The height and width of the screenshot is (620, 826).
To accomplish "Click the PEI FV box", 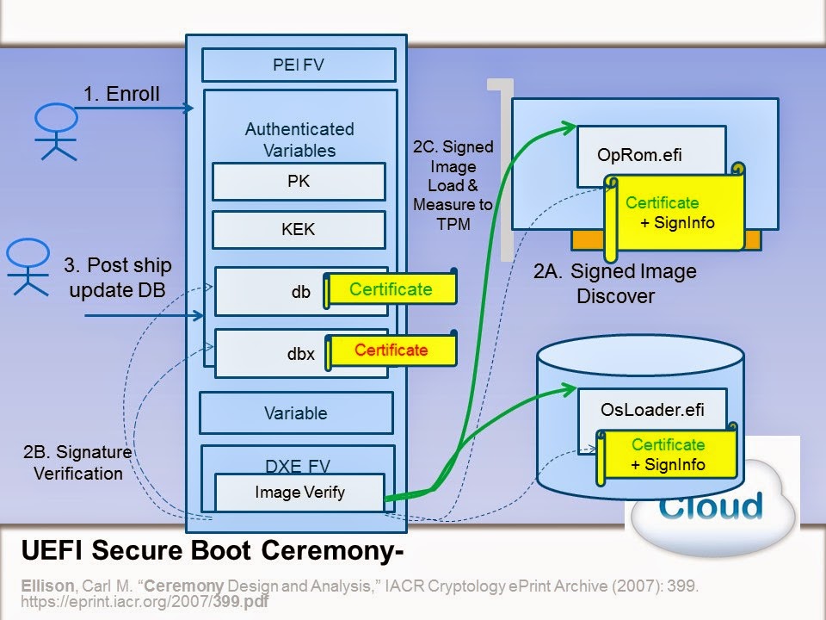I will (299, 65).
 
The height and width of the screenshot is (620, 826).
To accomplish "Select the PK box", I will (299, 182).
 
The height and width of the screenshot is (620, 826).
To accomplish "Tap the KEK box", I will (299, 231).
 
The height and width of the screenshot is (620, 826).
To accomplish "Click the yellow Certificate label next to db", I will (391, 290).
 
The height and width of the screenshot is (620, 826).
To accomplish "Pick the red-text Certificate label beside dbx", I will (391, 350).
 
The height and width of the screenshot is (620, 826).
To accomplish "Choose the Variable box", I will (296, 413).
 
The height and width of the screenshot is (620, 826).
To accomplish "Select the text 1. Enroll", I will (121, 95).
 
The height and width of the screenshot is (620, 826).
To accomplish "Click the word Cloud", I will (711, 506).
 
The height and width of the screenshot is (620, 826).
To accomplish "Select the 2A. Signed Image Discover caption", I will (614, 283).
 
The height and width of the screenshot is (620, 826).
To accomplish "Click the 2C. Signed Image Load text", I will (453, 176).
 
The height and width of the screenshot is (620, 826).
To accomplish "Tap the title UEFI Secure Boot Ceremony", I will (212, 549).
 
